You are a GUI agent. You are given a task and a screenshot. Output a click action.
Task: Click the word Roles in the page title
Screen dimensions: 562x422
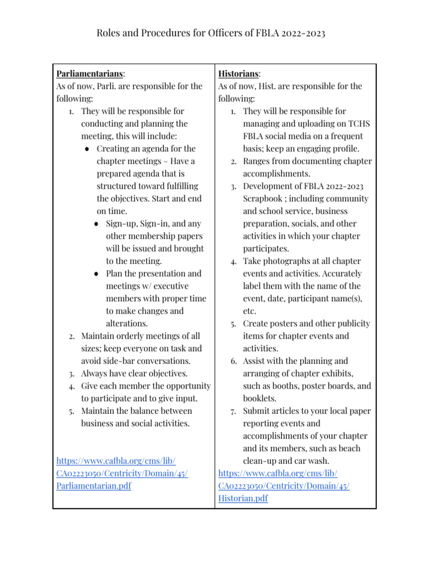pos(109,33)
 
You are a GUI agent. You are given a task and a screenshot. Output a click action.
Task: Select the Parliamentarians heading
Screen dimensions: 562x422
pos(90,73)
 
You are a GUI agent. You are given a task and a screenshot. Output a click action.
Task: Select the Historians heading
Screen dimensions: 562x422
pos(239,73)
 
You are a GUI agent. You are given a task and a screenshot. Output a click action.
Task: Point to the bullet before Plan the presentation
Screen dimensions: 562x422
pos(97,273)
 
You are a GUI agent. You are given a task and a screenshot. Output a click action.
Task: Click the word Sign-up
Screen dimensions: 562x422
pos(123,223)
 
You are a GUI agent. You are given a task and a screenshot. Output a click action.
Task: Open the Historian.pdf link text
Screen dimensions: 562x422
pos(243,498)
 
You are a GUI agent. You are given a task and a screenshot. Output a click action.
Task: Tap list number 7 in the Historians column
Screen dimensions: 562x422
pos(234,411)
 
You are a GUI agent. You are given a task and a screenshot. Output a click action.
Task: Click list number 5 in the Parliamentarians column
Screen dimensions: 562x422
pos(71,411)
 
